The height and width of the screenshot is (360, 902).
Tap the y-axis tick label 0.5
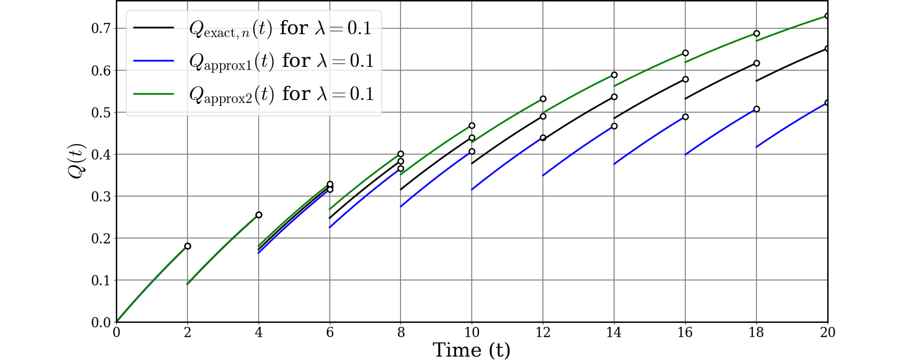coord(101,113)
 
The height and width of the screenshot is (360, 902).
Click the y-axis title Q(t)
coord(77,161)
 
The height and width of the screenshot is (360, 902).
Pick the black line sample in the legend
coord(153,28)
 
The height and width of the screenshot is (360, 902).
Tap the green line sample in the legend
coord(153,94)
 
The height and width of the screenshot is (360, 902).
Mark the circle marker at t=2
coord(188,246)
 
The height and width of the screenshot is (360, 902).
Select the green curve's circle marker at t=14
coord(614,75)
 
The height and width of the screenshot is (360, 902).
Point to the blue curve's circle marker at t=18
coord(756,109)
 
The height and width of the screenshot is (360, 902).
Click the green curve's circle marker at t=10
coord(472,126)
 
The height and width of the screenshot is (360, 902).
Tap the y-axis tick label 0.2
coord(101,239)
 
